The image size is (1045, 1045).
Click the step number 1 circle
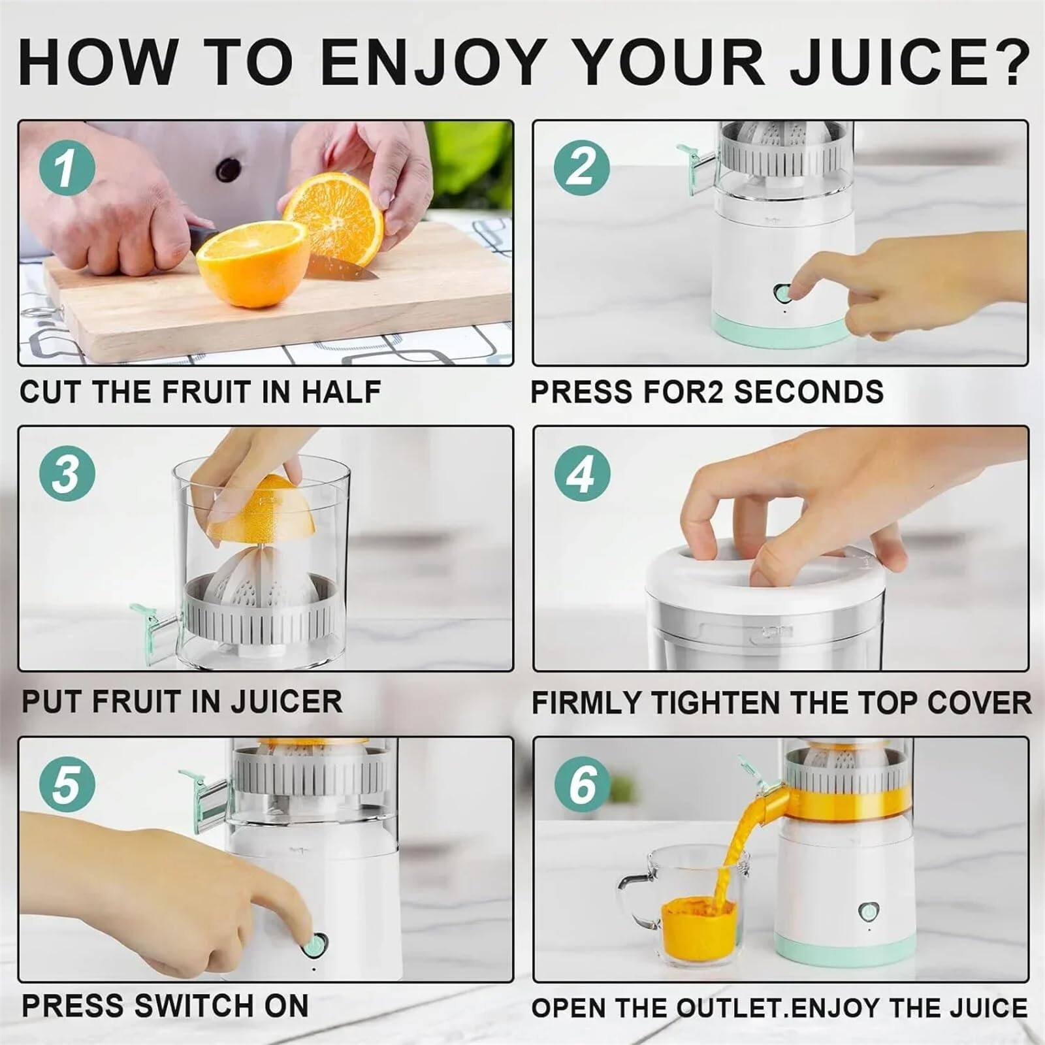67,167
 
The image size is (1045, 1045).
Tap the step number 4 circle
583,474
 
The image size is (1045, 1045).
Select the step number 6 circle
583,783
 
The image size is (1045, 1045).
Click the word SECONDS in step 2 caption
809,392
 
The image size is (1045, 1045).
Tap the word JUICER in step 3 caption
287,701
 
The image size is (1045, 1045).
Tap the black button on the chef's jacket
228,169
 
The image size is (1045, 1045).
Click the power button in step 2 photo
782,293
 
